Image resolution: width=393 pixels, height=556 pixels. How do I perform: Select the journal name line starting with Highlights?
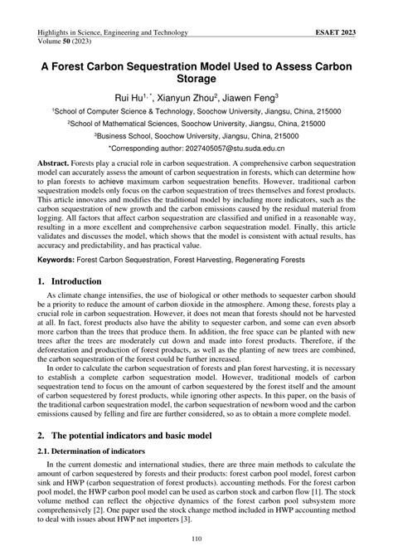coord(113,32)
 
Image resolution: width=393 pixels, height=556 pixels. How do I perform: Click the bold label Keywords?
coord(61,259)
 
